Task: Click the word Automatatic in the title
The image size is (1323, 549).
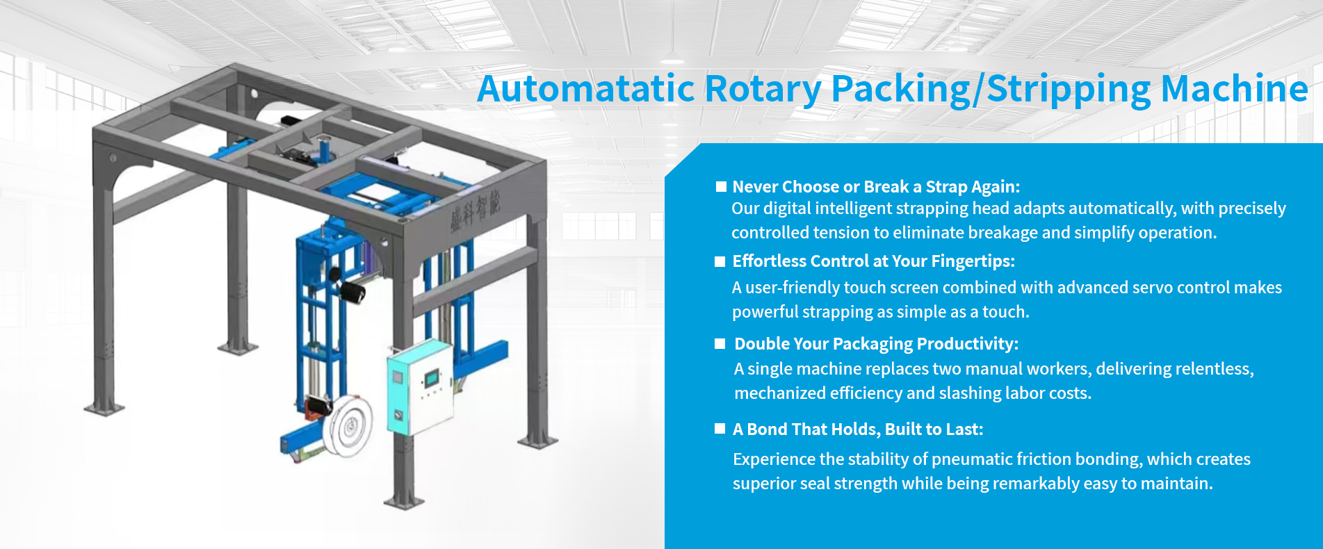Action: (x=586, y=89)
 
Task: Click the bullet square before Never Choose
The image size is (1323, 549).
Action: (x=721, y=186)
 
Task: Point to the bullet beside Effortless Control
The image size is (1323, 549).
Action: (x=720, y=261)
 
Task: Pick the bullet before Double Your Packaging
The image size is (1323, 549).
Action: (x=720, y=343)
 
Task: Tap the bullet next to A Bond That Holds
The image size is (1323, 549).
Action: (x=720, y=429)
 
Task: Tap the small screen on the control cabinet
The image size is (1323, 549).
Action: (x=432, y=378)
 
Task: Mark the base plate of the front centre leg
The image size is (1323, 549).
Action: (x=404, y=502)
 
